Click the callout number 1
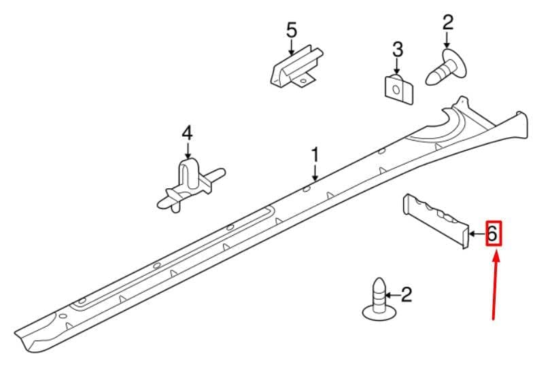click(315, 155)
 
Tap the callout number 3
click(398, 49)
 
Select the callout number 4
click(187, 133)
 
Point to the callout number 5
click(292, 30)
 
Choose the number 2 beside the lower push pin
click(407, 295)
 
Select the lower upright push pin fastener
click(379, 300)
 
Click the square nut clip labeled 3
click(398, 90)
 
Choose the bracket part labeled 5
click(296, 67)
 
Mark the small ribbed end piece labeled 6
click(435, 220)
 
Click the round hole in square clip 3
click(396, 90)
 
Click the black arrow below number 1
click(315, 173)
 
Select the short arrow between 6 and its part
click(477, 234)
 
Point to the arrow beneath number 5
click(291, 47)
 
